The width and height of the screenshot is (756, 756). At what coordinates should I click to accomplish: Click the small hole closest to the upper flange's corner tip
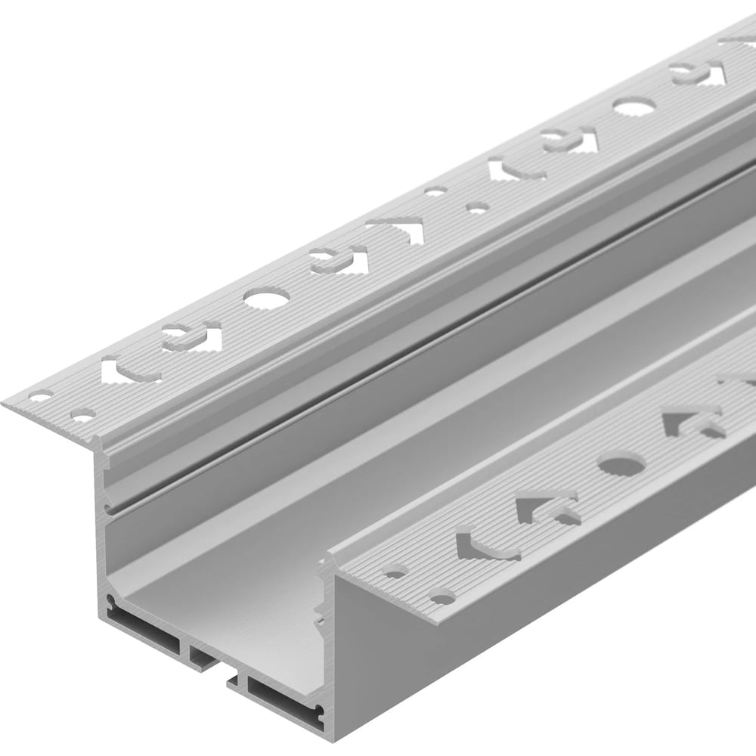tap(40, 395)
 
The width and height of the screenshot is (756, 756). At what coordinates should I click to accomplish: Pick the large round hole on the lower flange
tap(621, 463)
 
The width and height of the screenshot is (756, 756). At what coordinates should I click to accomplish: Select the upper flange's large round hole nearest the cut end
tap(266, 299)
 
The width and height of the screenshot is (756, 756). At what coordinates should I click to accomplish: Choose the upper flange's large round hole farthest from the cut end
tap(634, 107)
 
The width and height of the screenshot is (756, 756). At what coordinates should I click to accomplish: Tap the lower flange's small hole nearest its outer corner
tap(442, 598)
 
